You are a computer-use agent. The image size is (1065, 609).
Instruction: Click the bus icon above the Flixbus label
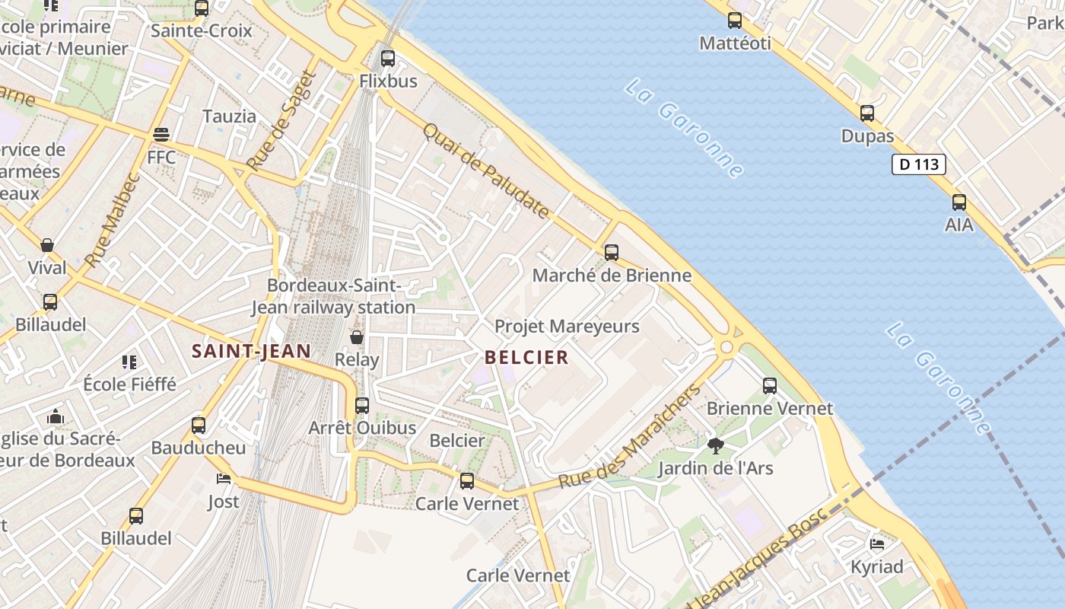pos(388,58)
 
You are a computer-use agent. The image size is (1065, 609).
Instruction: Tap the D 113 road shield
pos(918,164)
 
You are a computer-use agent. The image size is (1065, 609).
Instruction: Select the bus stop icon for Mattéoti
pos(734,21)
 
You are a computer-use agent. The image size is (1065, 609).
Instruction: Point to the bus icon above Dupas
pos(866,113)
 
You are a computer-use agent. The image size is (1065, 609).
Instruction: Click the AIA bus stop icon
pos(958,202)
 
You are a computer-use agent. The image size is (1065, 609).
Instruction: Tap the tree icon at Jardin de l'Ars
pos(714,445)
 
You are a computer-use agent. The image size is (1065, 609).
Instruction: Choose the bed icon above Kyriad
pos(876,544)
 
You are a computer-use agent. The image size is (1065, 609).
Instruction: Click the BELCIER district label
pos(526,357)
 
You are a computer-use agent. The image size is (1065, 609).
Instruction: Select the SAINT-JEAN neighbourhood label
pos(251,351)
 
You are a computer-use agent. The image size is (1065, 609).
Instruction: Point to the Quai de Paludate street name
pos(485,171)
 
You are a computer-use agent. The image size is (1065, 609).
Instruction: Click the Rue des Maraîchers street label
pos(629,438)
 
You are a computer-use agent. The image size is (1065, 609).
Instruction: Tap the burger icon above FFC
pos(161,135)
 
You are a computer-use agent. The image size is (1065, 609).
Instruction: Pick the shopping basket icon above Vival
pos(47,245)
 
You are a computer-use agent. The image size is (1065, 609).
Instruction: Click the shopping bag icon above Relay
pos(356,336)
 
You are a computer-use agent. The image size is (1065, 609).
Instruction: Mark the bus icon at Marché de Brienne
pos(611,253)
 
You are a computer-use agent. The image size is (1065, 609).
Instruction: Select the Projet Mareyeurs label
pos(567,327)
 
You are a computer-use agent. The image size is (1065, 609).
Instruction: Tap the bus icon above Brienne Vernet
pos(769,386)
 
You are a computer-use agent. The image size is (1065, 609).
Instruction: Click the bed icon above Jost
pos(223,479)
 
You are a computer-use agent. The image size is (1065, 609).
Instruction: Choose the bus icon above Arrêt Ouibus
pos(361,406)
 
